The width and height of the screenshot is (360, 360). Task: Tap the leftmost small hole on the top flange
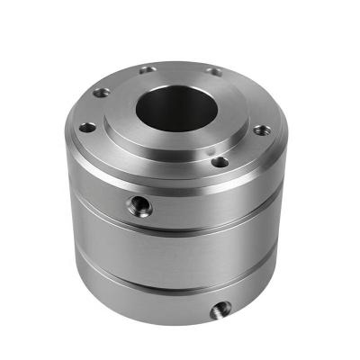pos(86,127)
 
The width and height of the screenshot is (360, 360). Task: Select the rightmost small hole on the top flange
pos(260,130)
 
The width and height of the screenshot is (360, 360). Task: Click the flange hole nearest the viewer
pos(219,162)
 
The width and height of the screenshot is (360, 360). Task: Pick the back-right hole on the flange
pos(214,71)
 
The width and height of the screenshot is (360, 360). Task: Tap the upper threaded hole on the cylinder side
pos(140,206)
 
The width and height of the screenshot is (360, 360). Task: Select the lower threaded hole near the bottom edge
pos(217,311)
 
